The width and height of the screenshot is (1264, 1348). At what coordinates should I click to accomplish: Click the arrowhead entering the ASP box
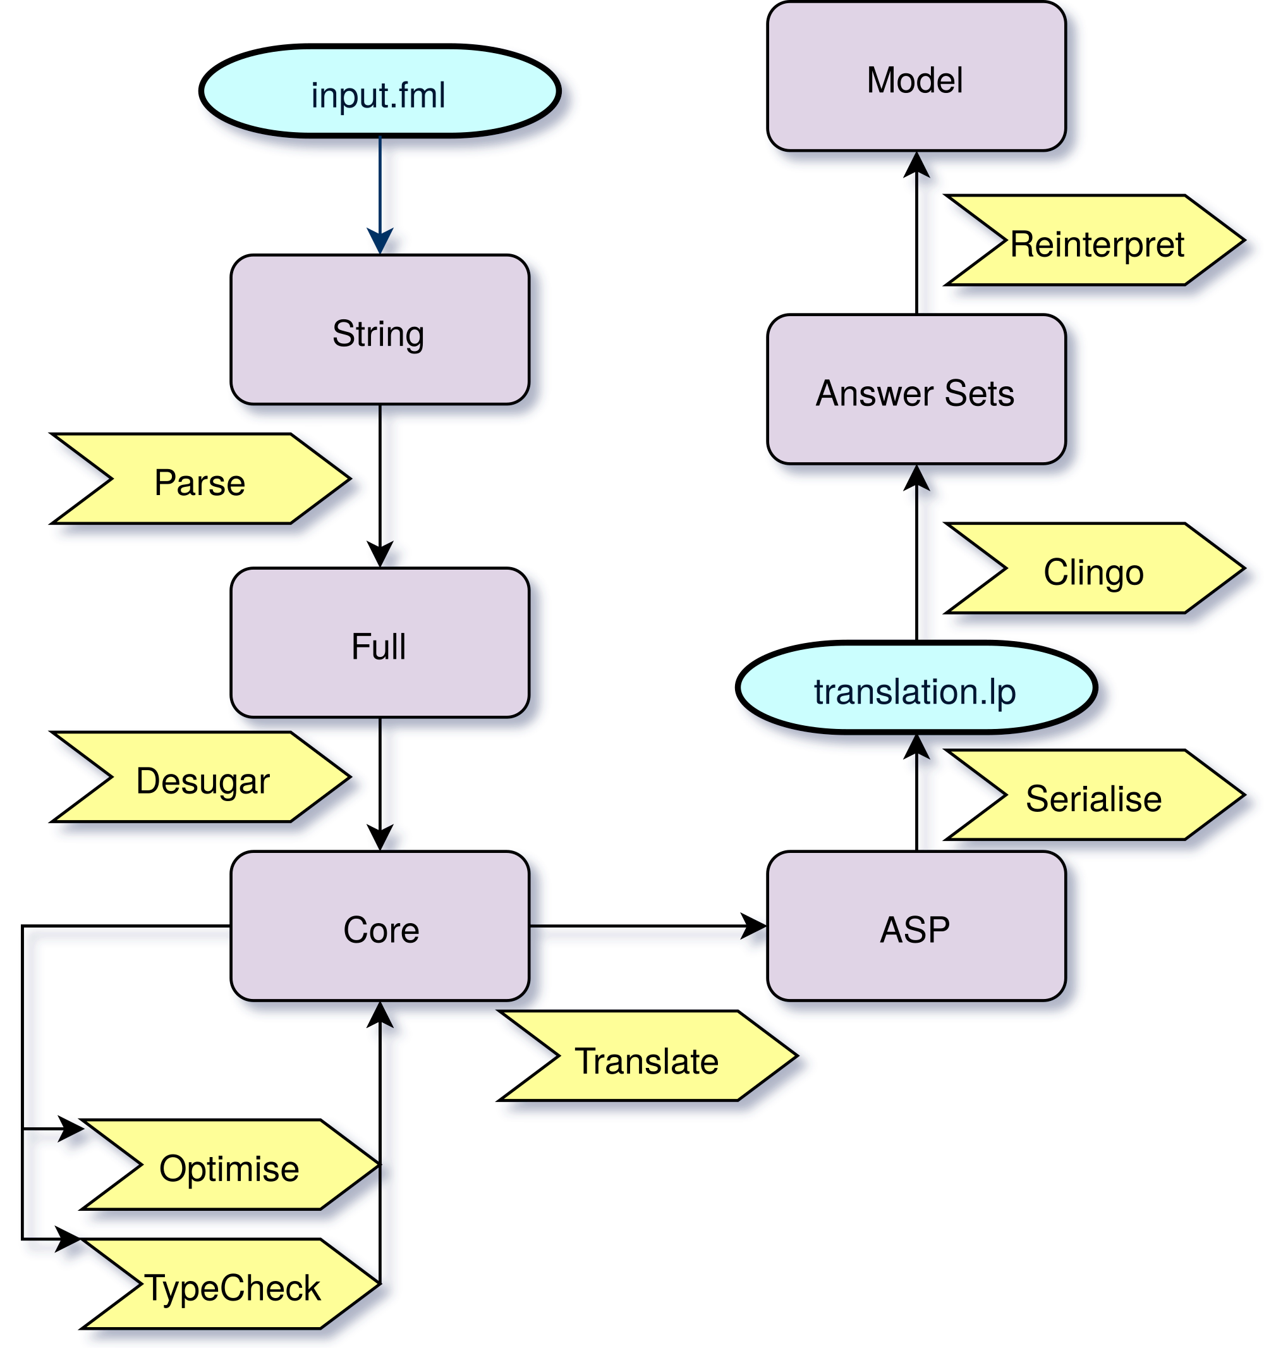tap(755, 928)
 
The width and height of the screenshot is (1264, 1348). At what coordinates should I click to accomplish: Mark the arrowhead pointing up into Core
tap(381, 1015)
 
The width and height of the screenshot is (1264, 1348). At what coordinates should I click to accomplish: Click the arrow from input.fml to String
tap(381, 190)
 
